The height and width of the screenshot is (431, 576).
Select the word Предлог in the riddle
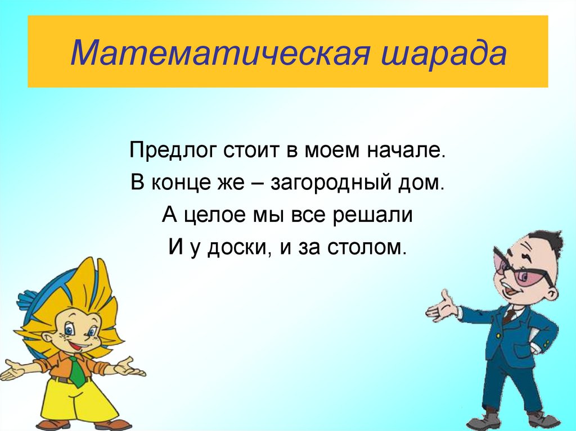point(171,151)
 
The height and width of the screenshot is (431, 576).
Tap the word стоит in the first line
point(250,151)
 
